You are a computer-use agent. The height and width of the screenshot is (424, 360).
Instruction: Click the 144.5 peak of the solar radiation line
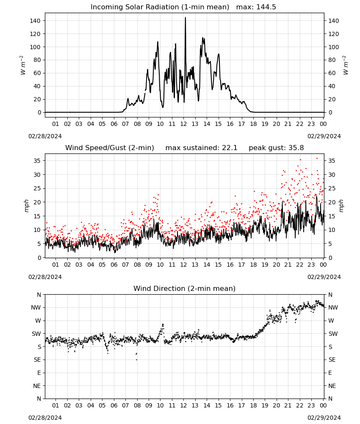[x=185, y=18]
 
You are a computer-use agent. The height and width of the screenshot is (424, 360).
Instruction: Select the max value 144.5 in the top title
[x=266, y=7]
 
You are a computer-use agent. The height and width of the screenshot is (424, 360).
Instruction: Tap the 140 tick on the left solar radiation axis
[x=36, y=21]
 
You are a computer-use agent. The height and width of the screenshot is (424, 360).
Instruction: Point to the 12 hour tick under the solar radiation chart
[x=183, y=124]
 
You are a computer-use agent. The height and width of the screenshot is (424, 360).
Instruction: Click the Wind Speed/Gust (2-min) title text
[x=110, y=148]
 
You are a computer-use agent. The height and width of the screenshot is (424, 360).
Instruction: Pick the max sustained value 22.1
[x=230, y=148]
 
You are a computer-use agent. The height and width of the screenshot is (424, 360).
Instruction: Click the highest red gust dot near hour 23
[x=317, y=159]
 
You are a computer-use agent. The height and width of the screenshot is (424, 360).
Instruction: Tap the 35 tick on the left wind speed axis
[x=37, y=161]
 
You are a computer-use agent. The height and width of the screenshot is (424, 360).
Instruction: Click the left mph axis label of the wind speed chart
[x=26, y=206]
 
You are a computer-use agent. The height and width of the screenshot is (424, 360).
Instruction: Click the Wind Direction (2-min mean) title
[x=185, y=288]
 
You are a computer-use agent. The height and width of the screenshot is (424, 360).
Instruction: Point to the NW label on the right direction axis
[x=333, y=308]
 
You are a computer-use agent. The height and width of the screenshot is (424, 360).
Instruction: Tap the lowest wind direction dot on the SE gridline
[x=137, y=360]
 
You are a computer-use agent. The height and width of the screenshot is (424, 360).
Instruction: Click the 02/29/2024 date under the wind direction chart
[x=324, y=418]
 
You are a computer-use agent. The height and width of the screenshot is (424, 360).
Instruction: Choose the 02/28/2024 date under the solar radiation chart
[x=45, y=136]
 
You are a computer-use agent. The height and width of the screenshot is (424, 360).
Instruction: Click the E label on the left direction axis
[x=39, y=373]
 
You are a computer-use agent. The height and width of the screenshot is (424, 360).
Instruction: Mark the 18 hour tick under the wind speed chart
[x=253, y=265]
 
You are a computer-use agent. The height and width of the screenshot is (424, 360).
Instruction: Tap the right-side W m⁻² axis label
[x=346, y=65]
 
